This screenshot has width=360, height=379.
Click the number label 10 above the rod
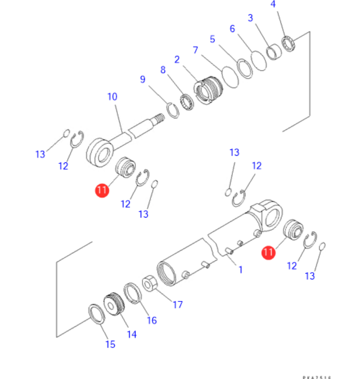tap(112, 97)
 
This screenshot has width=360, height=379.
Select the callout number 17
tap(177, 304)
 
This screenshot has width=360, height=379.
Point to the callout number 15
tap(110, 344)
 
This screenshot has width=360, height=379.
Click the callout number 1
tap(240, 270)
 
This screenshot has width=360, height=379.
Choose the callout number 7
tap(195, 50)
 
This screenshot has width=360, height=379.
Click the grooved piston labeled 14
tap(113, 304)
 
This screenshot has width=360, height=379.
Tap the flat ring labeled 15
tap(97, 314)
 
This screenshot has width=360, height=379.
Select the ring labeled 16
tap(132, 293)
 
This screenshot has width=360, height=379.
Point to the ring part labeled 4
tap(290, 44)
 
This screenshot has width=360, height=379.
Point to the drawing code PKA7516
tap(316, 377)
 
